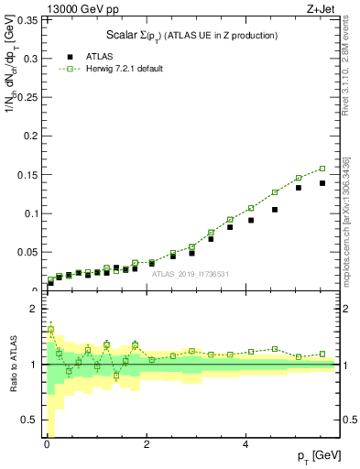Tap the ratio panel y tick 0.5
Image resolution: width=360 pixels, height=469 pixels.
(x=30, y=420)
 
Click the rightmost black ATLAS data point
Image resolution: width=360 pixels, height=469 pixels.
(x=322, y=183)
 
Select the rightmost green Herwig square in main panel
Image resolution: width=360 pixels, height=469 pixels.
(x=322, y=169)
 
